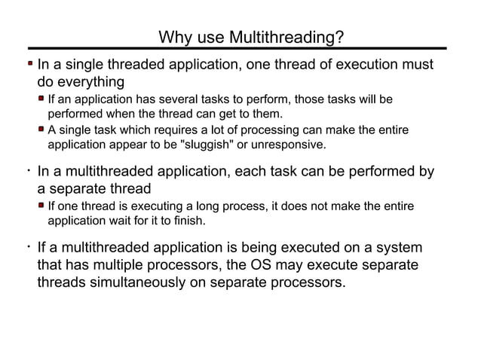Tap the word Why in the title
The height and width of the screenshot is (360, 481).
[x=174, y=38]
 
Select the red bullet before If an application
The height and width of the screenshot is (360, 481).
[x=42, y=99]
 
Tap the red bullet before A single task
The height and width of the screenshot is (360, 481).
[x=42, y=130]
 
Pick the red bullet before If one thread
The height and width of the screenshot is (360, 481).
[x=42, y=206]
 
